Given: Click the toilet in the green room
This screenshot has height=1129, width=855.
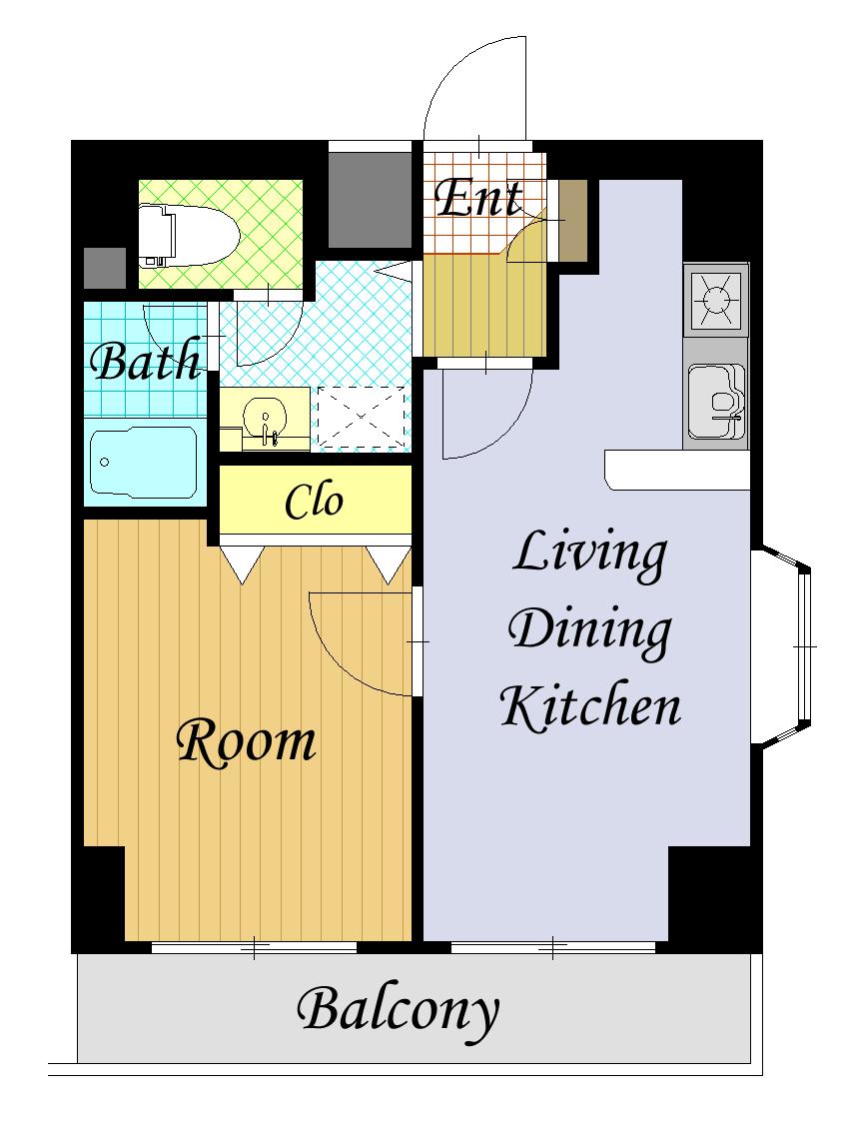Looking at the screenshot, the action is point(188,235).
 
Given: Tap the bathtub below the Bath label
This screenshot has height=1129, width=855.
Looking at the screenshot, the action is point(142,463).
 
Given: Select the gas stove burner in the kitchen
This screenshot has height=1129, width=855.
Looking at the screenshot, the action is point(716,299).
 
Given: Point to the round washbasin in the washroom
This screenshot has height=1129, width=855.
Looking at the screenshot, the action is point(266,419).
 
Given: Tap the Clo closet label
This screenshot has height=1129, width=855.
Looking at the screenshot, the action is point(315,501).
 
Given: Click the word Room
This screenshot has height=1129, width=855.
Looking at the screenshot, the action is point(247,742).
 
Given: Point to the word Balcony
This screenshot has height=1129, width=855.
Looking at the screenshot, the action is point(398,1012).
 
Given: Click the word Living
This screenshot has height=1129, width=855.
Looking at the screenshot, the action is point(589,554).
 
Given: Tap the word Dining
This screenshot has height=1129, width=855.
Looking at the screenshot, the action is point(589,631).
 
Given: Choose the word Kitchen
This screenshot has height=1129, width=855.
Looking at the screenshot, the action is point(590,705).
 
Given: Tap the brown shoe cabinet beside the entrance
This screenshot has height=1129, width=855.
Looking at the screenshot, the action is point(573,222).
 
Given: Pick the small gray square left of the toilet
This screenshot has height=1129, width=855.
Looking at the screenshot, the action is point(105,268).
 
